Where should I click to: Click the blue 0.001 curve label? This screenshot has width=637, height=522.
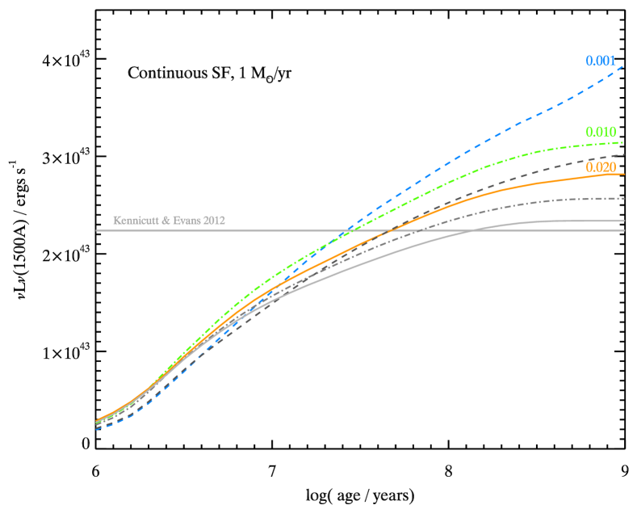click(x=601, y=61)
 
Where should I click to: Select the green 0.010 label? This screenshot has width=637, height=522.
click(x=601, y=132)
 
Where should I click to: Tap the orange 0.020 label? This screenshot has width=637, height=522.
click(x=601, y=167)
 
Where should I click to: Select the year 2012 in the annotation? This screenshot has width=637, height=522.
click(x=215, y=220)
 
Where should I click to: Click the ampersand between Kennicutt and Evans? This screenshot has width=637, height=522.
click(x=166, y=220)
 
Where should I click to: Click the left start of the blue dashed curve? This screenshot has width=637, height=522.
click(x=97, y=429)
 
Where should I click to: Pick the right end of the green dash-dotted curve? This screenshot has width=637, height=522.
click(x=625, y=142)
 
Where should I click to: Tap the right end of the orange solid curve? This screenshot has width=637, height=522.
click(x=625, y=175)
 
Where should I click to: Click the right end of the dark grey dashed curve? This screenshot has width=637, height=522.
click(x=625, y=154)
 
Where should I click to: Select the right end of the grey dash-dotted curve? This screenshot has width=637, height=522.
click(x=625, y=198)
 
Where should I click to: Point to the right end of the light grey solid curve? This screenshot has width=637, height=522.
click(x=625, y=221)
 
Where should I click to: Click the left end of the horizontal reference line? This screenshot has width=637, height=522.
click(x=97, y=231)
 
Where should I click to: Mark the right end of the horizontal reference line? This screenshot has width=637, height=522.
click(x=625, y=231)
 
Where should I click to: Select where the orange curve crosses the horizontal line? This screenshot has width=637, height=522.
click(x=388, y=231)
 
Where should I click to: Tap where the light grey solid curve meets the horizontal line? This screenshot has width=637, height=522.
click(x=471, y=231)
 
